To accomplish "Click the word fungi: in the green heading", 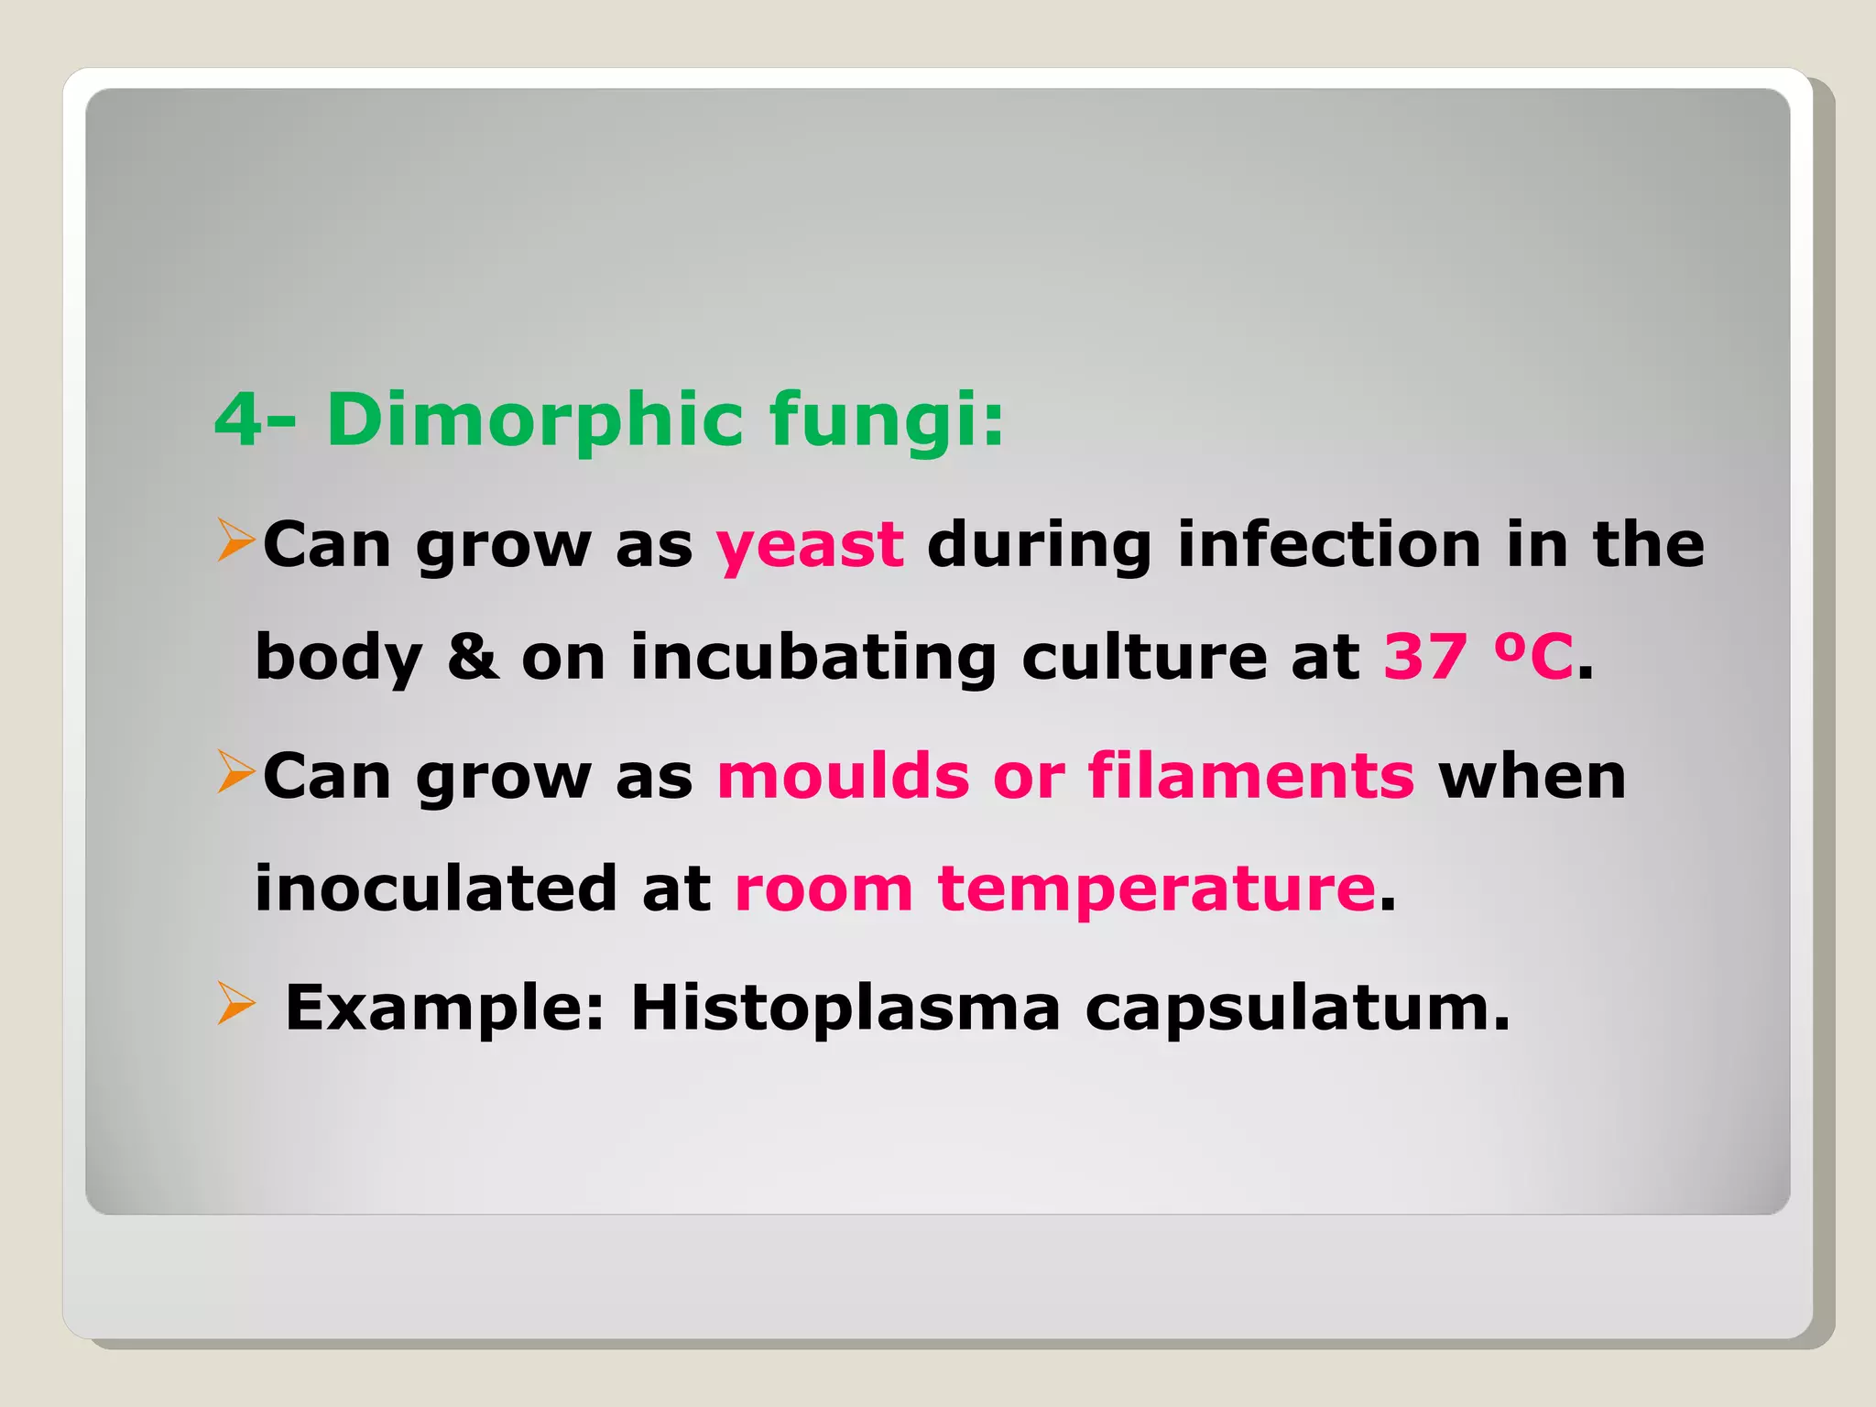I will coord(886,420).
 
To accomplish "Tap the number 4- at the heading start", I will coord(255,420).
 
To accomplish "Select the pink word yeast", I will coord(810,545).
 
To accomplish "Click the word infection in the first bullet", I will coord(1328,545).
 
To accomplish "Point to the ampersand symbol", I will coord(473,657).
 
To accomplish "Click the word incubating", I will coord(813,657).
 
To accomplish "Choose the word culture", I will coord(1144,657).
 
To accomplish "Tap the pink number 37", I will coord(1425,657).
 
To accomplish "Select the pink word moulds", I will coord(843,776).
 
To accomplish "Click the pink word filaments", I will coord(1250,776).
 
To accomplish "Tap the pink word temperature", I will coord(1156,889).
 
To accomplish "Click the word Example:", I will coord(445,1008).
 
